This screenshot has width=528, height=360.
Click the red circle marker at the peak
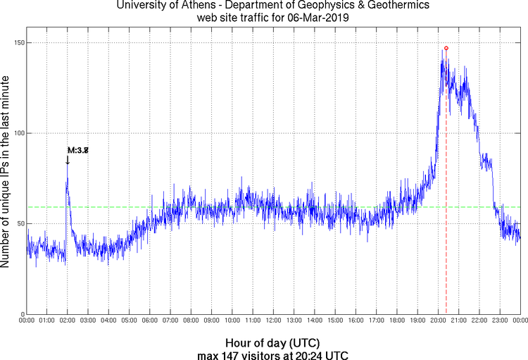click(x=446, y=48)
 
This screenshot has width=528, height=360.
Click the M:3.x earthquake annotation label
click(x=77, y=150)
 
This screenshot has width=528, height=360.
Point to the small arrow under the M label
click(x=68, y=160)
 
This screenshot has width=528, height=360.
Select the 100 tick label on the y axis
click(x=17, y=133)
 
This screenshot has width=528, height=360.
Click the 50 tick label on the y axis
click(x=19, y=224)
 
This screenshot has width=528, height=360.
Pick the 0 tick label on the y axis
click(x=21, y=314)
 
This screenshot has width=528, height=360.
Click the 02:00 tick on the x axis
click(x=68, y=321)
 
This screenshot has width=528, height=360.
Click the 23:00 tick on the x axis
click(x=501, y=321)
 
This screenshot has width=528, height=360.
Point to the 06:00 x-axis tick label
click(x=150, y=321)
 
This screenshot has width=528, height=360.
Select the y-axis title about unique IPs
click(x=6, y=173)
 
